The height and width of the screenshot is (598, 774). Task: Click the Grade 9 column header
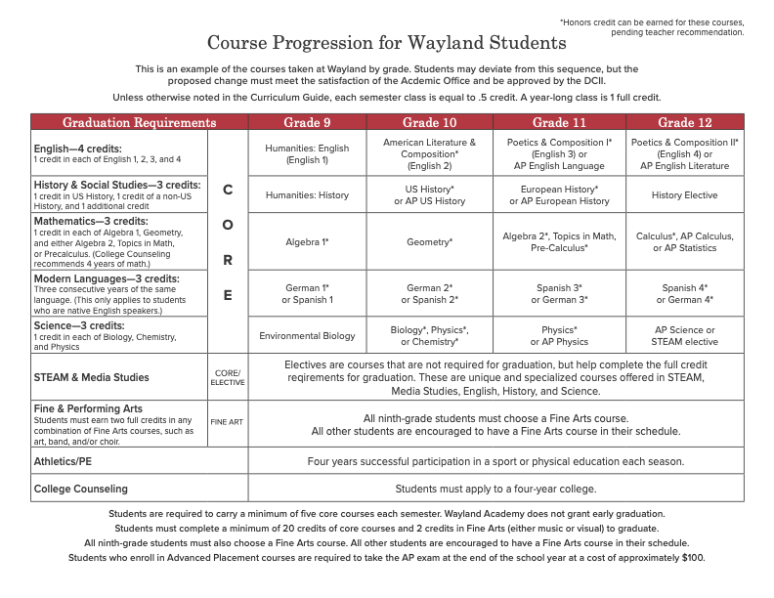[x=307, y=122]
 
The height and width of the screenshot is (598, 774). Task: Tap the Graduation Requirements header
[x=139, y=122]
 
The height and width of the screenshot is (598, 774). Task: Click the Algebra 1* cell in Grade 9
[x=307, y=241]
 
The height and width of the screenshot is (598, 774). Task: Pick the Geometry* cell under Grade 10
[x=429, y=241]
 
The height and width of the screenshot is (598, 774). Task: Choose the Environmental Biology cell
[x=307, y=336]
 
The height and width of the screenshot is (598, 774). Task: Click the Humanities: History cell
[x=307, y=195]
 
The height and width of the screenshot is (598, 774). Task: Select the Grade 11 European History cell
[x=559, y=195]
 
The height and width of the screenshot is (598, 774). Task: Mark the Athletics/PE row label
[x=64, y=460]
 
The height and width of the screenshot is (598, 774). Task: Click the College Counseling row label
[x=81, y=488]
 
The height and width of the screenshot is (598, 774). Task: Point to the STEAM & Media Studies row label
[x=91, y=377]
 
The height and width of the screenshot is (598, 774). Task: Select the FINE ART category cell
[x=228, y=422]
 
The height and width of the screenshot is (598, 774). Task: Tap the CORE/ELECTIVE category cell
[x=228, y=377]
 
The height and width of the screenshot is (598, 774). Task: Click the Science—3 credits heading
[x=80, y=324]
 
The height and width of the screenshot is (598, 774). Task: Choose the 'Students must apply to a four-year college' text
[x=495, y=488]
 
